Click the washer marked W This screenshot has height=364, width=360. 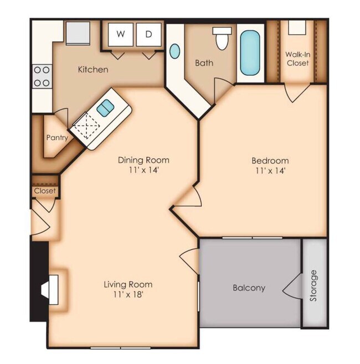click(120, 34)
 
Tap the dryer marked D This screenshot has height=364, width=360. click(148, 34)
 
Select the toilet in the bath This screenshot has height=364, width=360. click(222, 38)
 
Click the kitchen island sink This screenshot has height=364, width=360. click(105, 108)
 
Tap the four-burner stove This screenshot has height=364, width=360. click(41, 76)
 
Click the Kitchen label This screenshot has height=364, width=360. click(92, 70)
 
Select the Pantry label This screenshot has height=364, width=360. click(56, 137)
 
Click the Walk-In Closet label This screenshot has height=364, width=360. click(297, 59)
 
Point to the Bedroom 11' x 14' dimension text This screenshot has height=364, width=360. click(270, 170)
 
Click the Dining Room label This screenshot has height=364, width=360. click(143, 160)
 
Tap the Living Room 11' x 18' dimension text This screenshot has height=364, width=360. click(128, 294)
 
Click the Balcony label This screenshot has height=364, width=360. click(249, 288)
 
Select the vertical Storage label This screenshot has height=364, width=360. click(314, 285)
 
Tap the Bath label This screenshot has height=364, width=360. click(204, 63)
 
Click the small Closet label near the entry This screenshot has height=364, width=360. click(45, 191)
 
